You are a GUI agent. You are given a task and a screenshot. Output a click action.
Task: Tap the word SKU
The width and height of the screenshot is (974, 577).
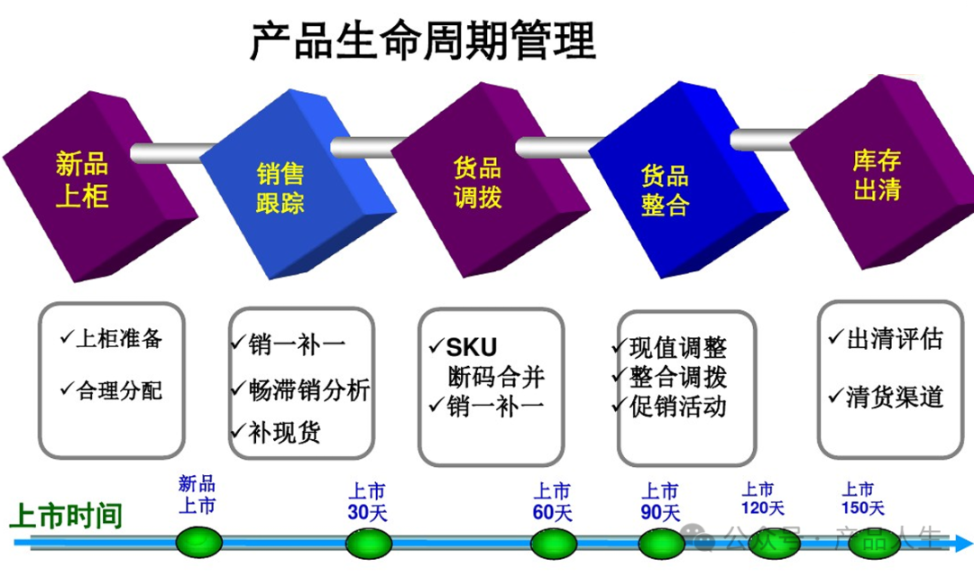tap(472, 347)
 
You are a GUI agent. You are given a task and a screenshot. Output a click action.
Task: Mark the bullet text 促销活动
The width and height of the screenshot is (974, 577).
tap(677, 407)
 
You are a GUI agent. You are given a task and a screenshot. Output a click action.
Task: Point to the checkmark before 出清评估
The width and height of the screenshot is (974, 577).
tap(835, 338)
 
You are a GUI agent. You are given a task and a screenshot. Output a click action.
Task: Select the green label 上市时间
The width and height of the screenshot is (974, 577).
tap(65, 517)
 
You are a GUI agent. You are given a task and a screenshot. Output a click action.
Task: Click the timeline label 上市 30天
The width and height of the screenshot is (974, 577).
tap(367, 502)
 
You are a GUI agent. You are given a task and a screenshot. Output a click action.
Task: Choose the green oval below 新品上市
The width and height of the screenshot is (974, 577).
tap(198, 543)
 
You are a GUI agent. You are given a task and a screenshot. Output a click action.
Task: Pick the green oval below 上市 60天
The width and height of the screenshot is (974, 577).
tap(553, 543)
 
